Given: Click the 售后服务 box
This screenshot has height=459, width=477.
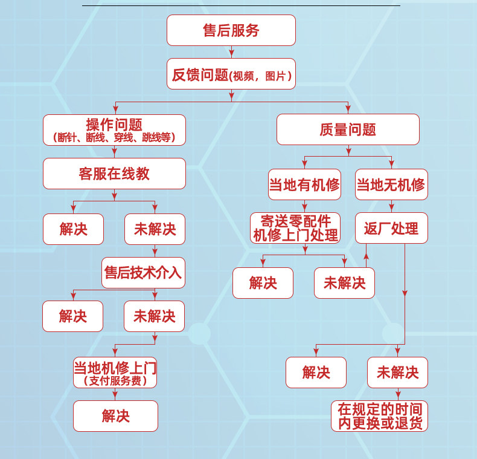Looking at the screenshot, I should click(x=231, y=30).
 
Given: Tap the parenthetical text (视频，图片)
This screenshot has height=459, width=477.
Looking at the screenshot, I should click(x=261, y=76).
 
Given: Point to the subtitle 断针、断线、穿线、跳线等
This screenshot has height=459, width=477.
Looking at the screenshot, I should click(x=114, y=138).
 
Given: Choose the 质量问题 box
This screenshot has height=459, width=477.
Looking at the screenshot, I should click(x=348, y=129).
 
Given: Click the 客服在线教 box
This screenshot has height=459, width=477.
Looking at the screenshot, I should click(x=114, y=174).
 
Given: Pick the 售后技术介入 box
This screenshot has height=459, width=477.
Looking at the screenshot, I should click(x=143, y=273).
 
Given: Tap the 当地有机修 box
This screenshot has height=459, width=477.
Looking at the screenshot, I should click(x=304, y=184).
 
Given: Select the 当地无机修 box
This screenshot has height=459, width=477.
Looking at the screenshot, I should click(x=391, y=184).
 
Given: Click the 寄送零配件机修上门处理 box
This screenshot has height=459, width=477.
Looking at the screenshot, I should click(x=295, y=228).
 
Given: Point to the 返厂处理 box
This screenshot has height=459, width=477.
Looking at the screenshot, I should click(x=391, y=228).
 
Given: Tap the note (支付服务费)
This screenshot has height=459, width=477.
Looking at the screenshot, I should click(x=115, y=381).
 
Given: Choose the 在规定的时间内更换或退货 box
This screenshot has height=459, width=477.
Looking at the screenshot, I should click(x=379, y=416).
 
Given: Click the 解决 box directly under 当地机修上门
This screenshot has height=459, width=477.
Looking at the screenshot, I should click(x=115, y=416).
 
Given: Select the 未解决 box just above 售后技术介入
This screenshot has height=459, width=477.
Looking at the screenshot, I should click(x=155, y=229).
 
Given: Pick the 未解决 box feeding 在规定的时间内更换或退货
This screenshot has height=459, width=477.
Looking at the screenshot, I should click(x=397, y=373).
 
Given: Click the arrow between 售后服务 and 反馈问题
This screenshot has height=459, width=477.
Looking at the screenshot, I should click(x=231, y=53).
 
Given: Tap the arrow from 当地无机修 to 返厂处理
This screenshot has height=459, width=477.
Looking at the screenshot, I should click(x=391, y=207).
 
